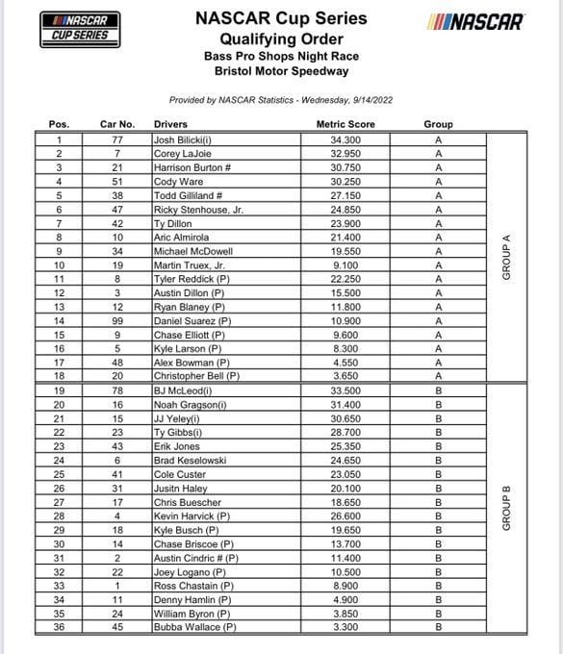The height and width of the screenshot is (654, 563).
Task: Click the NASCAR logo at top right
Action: click(x=474, y=22)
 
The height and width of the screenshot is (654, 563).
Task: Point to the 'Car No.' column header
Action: click(x=118, y=124)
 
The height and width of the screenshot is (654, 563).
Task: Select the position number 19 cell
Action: click(x=60, y=391)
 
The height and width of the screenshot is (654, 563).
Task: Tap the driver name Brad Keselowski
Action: click(x=190, y=461)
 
